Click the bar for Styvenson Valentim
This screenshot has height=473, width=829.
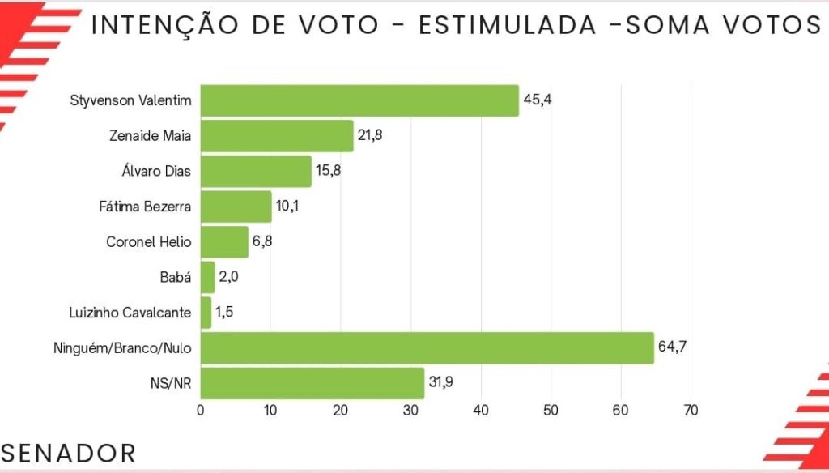[x=359, y=100]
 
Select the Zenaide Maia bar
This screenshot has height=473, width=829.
[x=277, y=135]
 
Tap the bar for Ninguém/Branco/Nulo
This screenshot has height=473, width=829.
[x=427, y=347]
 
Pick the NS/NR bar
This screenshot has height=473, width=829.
[x=312, y=383]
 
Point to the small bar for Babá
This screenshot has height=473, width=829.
[x=207, y=277]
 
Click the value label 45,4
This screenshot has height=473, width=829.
[x=537, y=100]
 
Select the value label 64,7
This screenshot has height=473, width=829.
[x=672, y=347]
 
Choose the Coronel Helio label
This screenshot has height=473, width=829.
[x=149, y=241]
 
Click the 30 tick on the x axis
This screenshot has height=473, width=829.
[x=410, y=410]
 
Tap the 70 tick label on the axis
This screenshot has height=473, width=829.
[x=691, y=410]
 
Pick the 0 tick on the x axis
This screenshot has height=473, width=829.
[x=201, y=410]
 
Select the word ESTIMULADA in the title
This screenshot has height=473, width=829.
[x=509, y=26]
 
